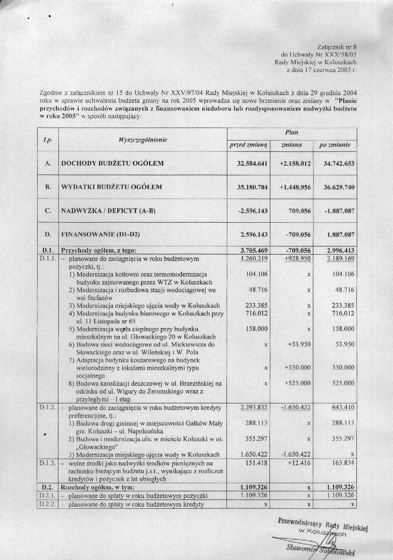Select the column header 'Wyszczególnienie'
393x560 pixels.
143,140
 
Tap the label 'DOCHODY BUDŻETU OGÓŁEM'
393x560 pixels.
112,164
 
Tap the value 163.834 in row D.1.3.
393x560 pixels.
342,462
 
